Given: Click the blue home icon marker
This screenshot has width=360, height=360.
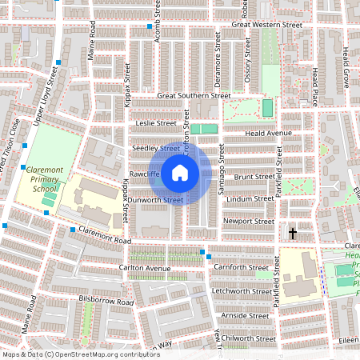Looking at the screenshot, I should point(180,172).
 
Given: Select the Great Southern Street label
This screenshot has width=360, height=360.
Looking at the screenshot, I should point(189,96).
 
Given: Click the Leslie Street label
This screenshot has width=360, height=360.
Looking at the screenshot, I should point(156,124).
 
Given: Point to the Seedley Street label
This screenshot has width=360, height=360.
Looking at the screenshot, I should point(156,149).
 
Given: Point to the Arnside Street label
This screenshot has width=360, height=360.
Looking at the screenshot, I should point(246,316).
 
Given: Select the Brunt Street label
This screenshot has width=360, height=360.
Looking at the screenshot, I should point(254,176).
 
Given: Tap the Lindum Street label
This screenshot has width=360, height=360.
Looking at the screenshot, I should point(250,198).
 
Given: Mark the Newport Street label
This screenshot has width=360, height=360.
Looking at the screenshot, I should point(250,221).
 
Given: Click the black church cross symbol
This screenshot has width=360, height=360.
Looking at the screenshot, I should point(293,234).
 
